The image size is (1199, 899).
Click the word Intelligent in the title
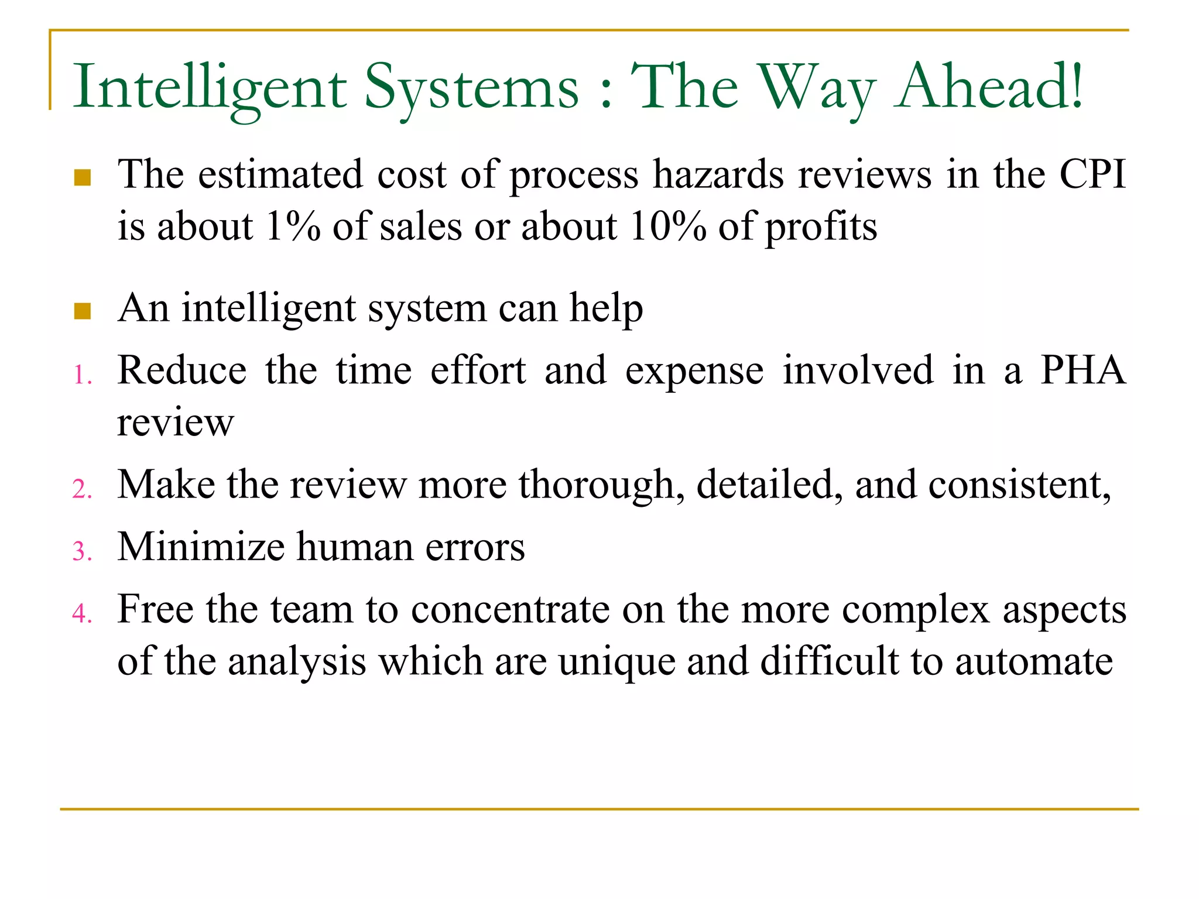point(210,88)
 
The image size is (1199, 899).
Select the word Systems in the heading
point(471,88)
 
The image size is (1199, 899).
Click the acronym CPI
point(1092,174)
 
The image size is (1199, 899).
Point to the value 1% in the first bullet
point(293,226)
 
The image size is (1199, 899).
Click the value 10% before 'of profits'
point(667,226)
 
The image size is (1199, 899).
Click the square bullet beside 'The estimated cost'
point(83,178)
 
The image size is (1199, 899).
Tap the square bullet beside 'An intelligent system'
point(83,311)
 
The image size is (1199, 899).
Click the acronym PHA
point(1082,370)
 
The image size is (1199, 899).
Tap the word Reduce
point(182,370)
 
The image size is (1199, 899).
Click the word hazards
point(718,174)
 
